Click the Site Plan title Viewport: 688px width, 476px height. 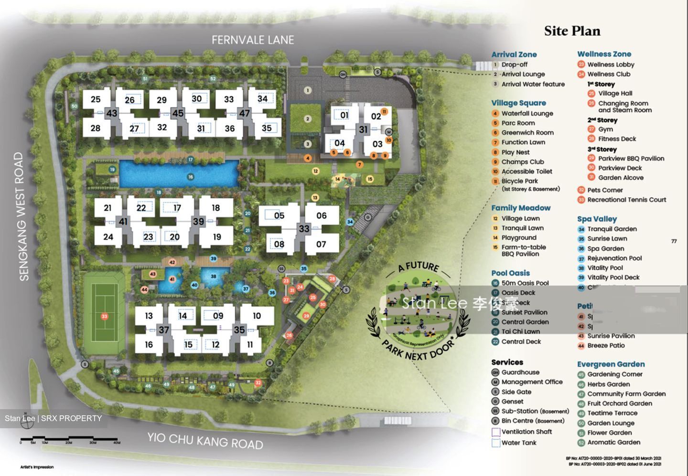point(572,31)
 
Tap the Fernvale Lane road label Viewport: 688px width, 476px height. point(253,40)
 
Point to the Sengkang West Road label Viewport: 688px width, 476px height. point(19,216)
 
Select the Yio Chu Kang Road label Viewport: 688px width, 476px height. point(205,440)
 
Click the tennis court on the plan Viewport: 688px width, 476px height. point(104,316)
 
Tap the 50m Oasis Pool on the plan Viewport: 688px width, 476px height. point(179,174)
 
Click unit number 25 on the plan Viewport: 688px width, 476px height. point(96,99)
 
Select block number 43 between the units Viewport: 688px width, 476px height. point(111,114)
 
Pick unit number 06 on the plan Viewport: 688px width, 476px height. point(322,216)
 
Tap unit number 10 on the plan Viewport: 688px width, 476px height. point(257,316)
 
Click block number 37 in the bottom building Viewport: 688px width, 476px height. point(164,330)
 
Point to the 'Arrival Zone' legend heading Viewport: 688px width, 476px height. point(514,54)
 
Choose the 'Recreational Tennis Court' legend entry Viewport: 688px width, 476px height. point(626,200)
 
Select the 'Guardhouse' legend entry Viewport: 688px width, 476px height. point(520,372)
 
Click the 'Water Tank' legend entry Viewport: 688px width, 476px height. point(518,443)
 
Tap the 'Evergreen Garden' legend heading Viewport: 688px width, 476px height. point(611,364)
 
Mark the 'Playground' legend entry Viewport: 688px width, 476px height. point(519,238)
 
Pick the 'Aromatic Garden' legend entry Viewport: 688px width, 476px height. point(613,442)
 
